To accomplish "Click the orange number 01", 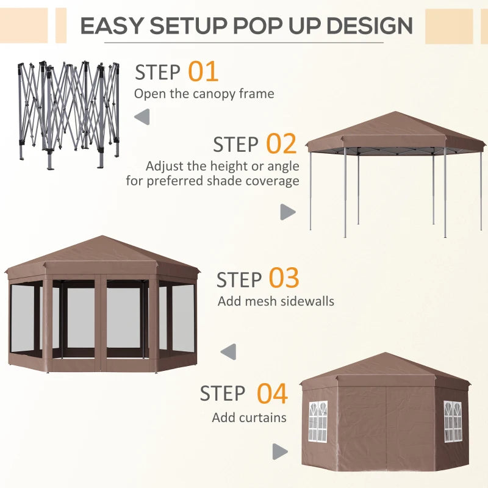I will click(x=203, y=72).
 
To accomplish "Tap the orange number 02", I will click(x=281, y=144).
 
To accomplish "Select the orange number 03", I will click(x=284, y=279).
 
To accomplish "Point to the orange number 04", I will click(x=271, y=393).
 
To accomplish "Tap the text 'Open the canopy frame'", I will click(x=204, y=94).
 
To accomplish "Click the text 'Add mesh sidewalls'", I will click(x=276, y=301).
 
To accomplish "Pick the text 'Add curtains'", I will click(x=249, y=418).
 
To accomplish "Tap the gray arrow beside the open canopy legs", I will click(x=287, y=212).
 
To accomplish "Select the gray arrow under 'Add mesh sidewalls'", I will click(x=228, y=352).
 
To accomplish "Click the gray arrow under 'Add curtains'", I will click(x=279, y=451).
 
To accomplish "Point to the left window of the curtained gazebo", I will click(x=318, y=421).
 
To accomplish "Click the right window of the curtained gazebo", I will click(x=452, y=421).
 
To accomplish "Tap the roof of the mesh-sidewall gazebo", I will click(x=102, y=253).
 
